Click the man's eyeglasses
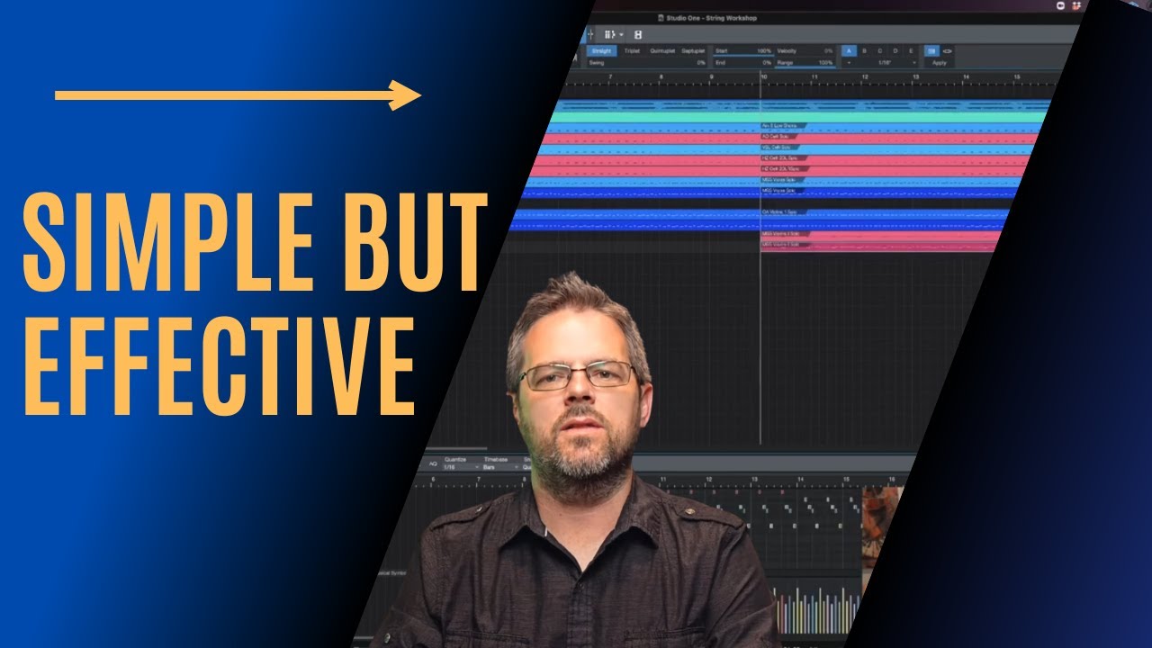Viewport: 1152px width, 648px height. coord(578,374)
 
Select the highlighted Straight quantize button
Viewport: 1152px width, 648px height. coord(602,51)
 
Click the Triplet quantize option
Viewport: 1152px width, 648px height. coord(632,51)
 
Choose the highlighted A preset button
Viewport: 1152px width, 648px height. coord(849,51)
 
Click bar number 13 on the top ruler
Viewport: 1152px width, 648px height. coord(915,77)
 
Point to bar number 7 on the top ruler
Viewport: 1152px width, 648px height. coord(610,77)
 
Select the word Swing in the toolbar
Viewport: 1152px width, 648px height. coord(597,63)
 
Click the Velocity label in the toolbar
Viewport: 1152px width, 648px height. coord(787,51)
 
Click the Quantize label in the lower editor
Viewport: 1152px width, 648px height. coord(454,459)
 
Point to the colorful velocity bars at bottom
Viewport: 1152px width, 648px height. coord(814,612)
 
